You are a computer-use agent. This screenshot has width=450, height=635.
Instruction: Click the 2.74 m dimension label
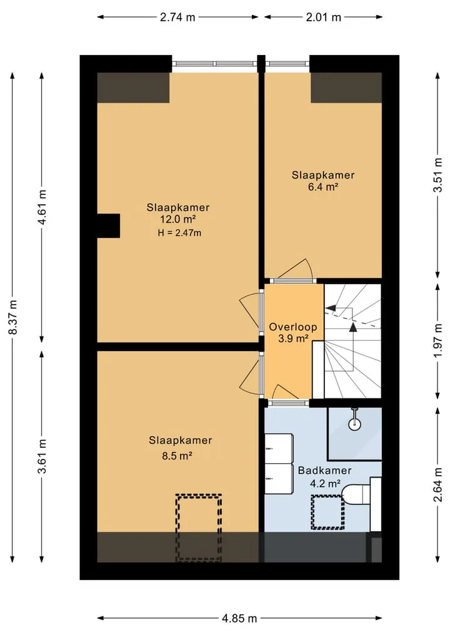point(177,17)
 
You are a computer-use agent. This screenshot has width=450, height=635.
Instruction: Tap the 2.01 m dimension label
point(323,17)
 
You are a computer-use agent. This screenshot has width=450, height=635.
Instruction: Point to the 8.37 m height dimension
point(13,317)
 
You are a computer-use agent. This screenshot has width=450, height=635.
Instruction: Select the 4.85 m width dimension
point(239,618)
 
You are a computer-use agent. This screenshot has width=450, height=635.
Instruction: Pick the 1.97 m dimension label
point(437,341)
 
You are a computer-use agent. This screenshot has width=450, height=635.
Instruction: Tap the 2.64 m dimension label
point(437,485)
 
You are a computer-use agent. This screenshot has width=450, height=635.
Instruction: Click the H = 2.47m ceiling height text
point(179,233)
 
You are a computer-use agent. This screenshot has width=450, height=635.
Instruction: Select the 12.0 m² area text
point(178,220)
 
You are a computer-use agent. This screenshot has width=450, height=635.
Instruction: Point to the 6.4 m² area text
point(323,187)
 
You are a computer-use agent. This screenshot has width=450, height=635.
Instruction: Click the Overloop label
point(293,327)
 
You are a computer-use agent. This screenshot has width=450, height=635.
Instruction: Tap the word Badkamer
point(324,471)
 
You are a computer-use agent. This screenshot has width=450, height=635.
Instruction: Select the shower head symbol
point(355,420)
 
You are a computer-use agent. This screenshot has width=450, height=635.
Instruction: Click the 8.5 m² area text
point(177,456)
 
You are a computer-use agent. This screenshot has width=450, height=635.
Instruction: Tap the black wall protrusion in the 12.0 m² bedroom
point(108,225)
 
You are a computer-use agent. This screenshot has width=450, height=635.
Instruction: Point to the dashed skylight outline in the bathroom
point(327,512)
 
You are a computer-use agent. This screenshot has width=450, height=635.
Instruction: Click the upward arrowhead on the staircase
point(354,327)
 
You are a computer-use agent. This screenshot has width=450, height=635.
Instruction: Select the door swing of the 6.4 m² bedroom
point(292,269)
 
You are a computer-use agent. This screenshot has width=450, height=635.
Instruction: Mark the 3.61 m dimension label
point(42,456)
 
